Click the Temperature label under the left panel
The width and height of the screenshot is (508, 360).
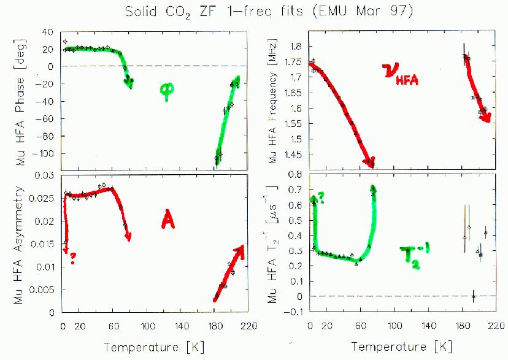pyautogui.click(x=155, y=347)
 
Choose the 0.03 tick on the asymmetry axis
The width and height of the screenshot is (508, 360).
pyautogui.click(x=47, y=177)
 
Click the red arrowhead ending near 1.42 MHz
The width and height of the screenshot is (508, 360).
pyautogui.click(x=369, y=162)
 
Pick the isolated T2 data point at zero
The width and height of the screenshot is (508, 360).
pyautogui.click(x=473, y=297)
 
